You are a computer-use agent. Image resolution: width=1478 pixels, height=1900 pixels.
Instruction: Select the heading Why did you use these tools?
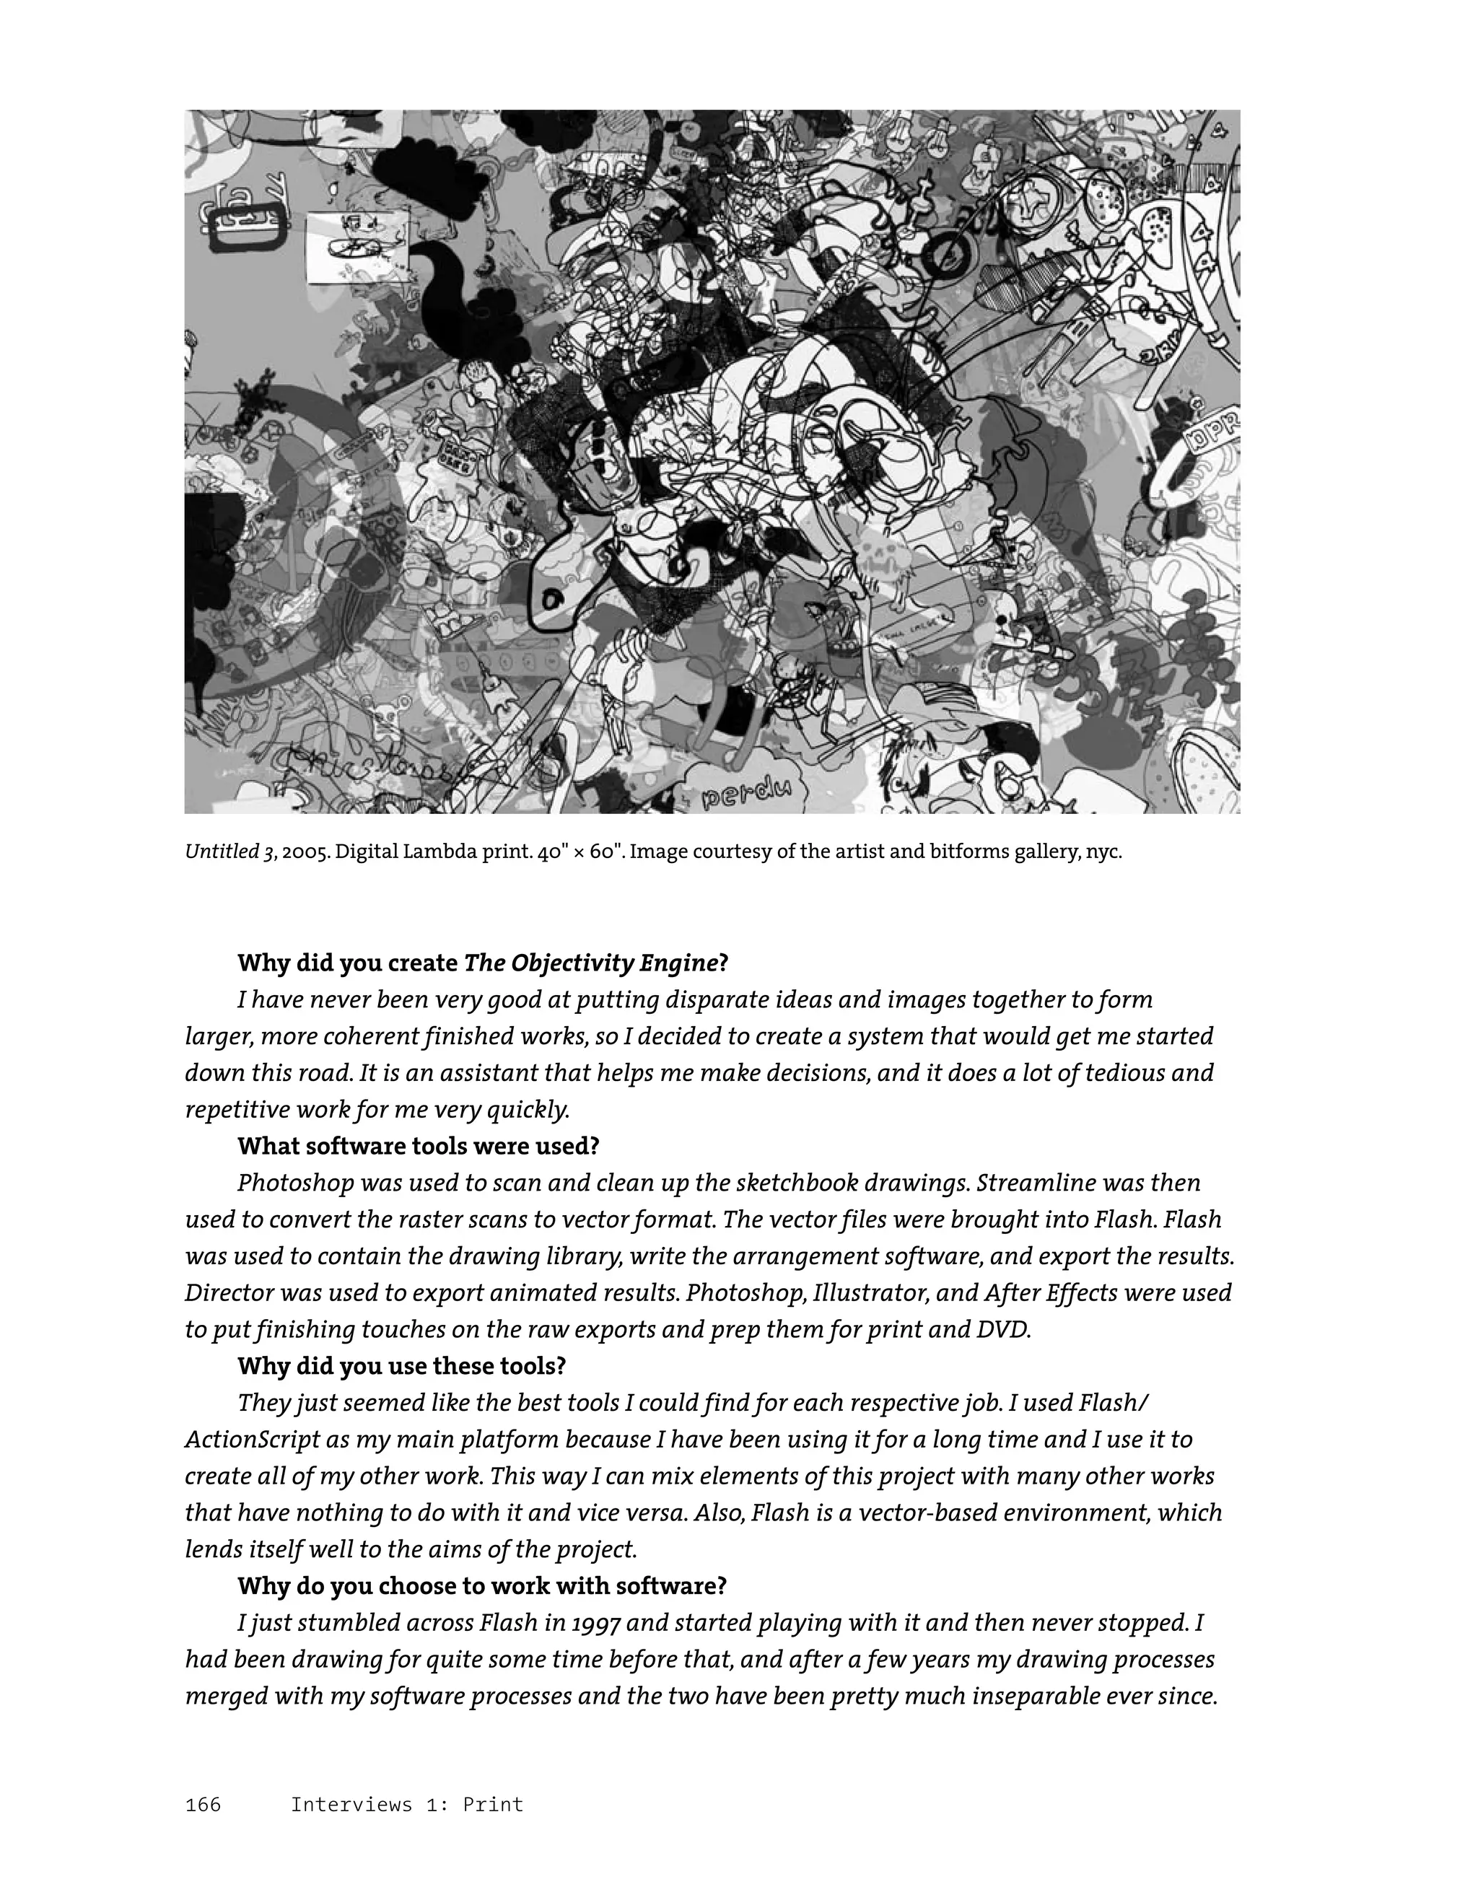[x=402, y=1366]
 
